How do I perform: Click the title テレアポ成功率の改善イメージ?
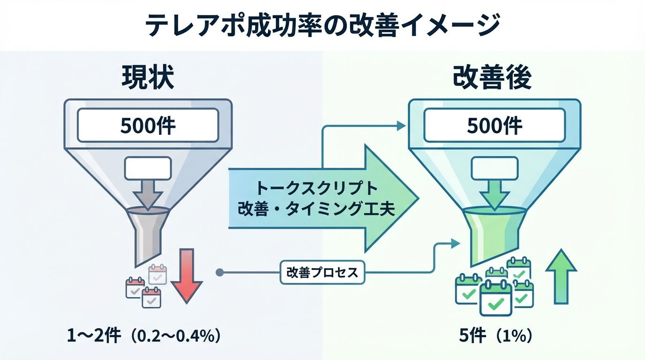coord(322,25)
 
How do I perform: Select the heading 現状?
coord(148,78)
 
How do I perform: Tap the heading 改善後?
coord(492,78)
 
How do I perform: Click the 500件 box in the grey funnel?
coord(148,125)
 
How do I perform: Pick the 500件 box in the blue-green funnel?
coord(495,125)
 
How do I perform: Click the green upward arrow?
coord(561,277)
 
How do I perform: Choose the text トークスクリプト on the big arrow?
coord(317,188)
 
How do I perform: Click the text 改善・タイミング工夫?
coord(317,209)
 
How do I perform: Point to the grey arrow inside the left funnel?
coord(148,193)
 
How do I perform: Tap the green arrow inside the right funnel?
coord(494,193)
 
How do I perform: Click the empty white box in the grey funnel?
coord(148,168)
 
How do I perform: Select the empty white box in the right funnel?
coord(494,168)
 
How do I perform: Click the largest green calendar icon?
coord(495,298)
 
